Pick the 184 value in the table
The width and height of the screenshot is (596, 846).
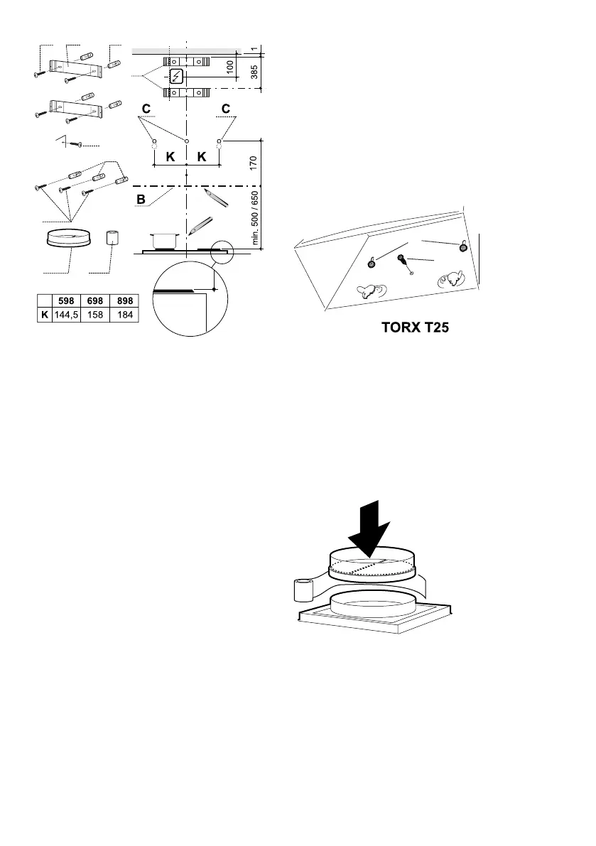[x=124, y=313]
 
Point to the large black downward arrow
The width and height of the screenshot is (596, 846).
[x=372, y=528]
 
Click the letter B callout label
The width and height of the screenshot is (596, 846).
[x=141, y=200]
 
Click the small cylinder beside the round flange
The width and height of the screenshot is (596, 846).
[x=112, y=237]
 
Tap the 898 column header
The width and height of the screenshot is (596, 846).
[x=124, y=300]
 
